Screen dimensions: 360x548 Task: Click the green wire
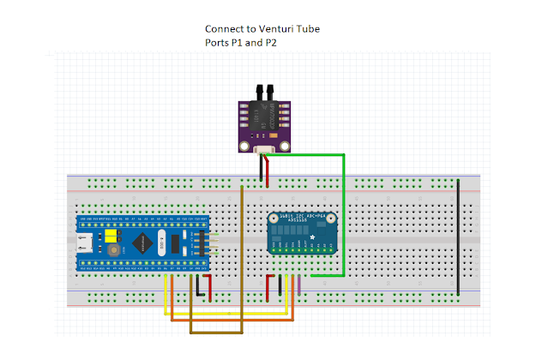click(345, 214)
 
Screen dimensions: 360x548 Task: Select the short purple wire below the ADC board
click(298, 286)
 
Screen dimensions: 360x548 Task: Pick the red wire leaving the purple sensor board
click(268, 171)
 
